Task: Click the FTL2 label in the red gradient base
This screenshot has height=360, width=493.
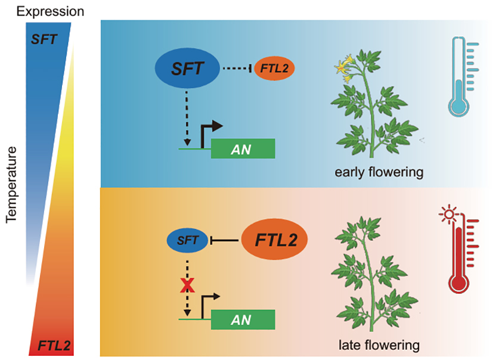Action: coord(54,344)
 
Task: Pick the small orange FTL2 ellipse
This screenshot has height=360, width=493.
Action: coord(273,70)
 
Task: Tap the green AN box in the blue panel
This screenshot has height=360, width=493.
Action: coord(243,148)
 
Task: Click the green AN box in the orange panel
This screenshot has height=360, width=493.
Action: coord(243,320)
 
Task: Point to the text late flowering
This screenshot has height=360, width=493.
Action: coord(376,345)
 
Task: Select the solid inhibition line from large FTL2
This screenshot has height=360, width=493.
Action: coord(225,241)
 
